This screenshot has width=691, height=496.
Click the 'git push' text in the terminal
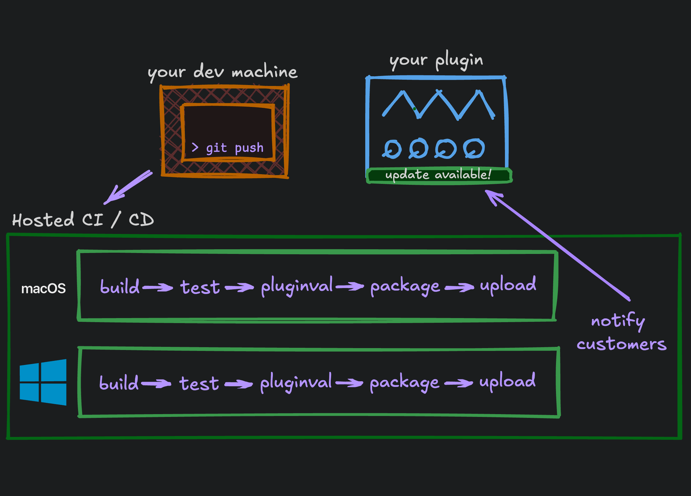[x=234, y=148]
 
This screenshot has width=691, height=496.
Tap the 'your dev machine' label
[x=222, y=72]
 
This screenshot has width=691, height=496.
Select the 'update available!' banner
[x=439, y=175]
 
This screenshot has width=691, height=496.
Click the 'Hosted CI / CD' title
[x=83, y=219]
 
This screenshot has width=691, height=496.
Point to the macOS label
[x=44, y=289]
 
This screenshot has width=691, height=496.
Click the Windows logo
[x=43, y=382]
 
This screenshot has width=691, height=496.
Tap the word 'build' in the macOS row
[x=120, y=286]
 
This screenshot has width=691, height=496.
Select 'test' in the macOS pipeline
[x=200, y=287]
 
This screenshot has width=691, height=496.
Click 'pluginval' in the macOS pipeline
[x=297, y=285]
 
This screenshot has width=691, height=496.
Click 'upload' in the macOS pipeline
[x=508, y=284]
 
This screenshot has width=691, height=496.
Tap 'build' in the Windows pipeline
[x=119, y=382]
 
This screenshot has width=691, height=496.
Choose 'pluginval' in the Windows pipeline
[x=296, y=382]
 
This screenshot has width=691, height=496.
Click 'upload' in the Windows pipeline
[x=507, y=381]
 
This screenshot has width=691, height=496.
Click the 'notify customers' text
[x=621, y=332]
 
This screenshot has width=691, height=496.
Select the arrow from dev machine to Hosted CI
[x=128, y=187]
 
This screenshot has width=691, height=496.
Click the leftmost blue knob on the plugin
[x=392, y=149]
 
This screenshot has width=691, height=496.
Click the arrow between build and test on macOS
[x=158, y=287]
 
